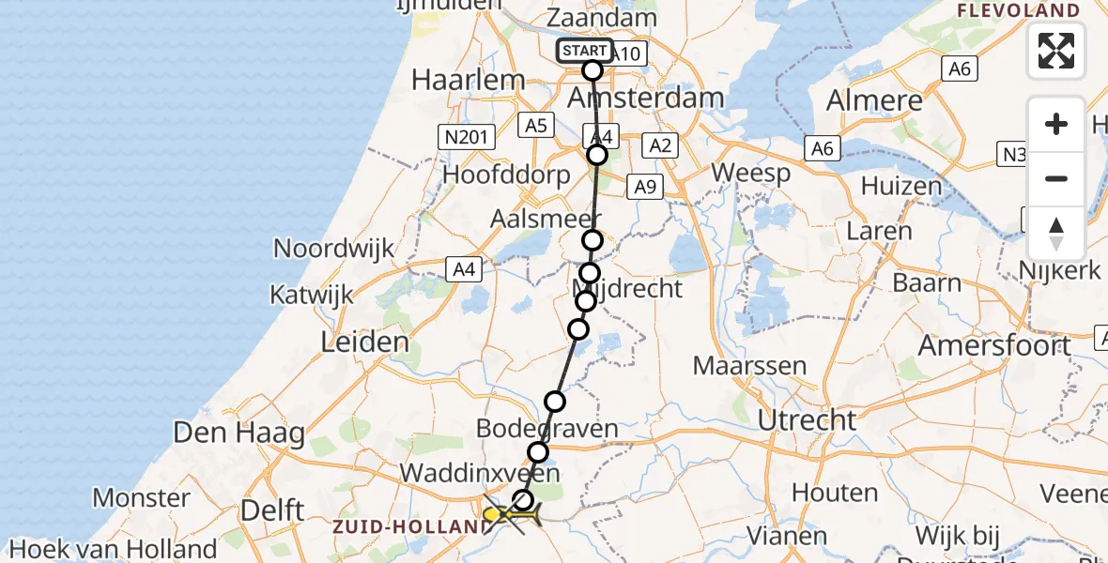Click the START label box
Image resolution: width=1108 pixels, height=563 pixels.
coord(584,51)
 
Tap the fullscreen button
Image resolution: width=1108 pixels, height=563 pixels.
coord(1056,51)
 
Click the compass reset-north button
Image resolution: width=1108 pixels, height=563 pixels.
coord(1056,234)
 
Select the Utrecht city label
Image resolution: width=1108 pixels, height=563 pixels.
coord(808,419)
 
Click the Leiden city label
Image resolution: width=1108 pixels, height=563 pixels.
coord(365,342)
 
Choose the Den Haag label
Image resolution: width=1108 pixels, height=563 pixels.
coord(240,434)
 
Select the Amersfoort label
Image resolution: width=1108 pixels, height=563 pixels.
coord(994,345)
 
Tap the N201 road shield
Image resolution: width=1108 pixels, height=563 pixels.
coord(466,138)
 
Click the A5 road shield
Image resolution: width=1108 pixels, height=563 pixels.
coord(536,126)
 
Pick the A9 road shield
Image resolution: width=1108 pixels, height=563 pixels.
coord(644,187)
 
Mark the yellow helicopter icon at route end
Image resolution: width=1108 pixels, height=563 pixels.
coord(512,514)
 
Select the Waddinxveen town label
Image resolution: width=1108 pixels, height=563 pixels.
coord(480,472)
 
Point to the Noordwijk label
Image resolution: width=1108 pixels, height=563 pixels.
coord(333,249)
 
